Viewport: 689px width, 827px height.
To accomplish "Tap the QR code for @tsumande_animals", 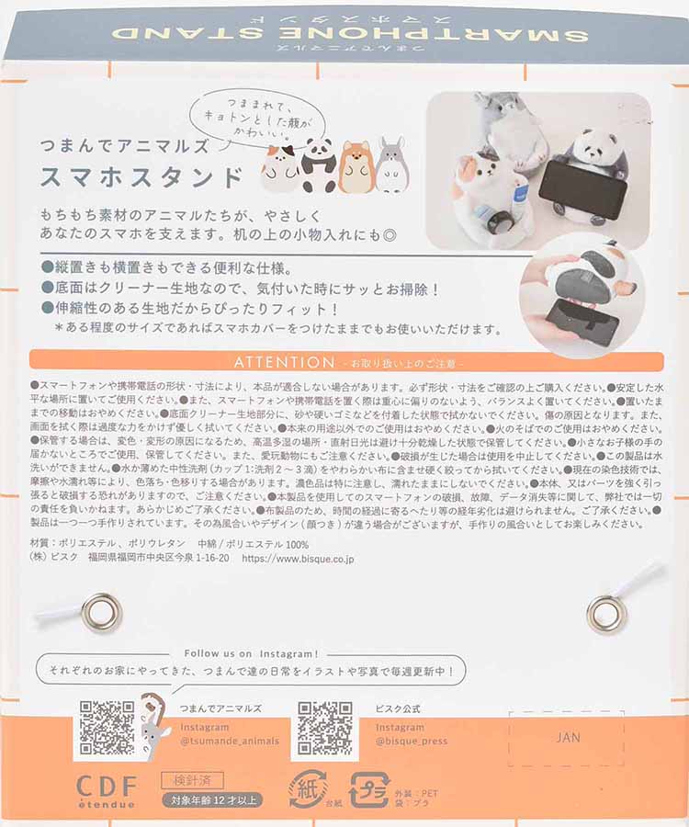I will pyautogui.click(x=107, y=728).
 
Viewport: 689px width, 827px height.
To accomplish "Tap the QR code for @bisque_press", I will pyautogui.click(x=324, y=728).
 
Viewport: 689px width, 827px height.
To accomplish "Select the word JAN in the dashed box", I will pyautogui.click(x=568, y=737).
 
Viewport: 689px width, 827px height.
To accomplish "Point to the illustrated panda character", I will pyautogui.click(x=319, y=165).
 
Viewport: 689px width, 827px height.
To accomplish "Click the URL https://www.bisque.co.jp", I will pyautogui.click(x=298, y=557).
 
